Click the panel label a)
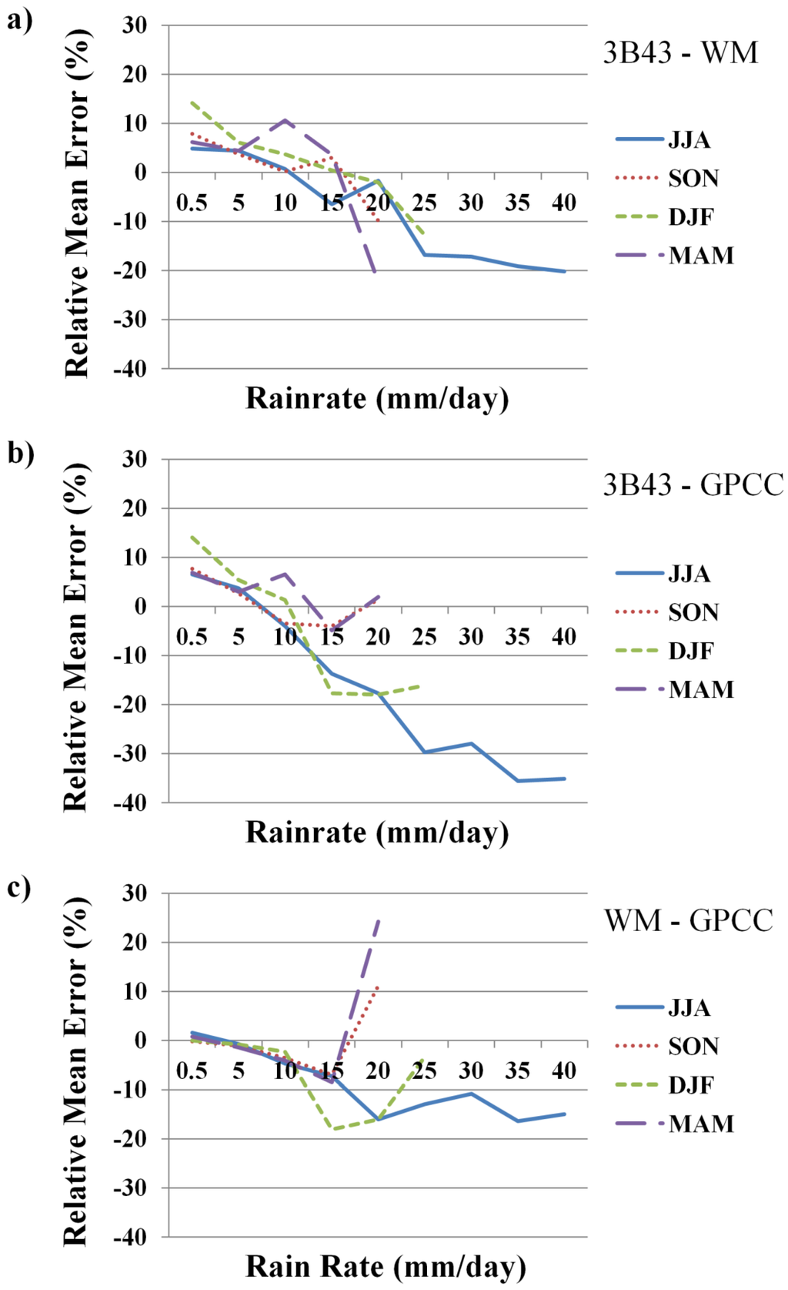19,19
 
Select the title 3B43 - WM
680,53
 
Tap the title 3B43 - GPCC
693,485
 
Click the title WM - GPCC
688,920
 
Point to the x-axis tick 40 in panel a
564,203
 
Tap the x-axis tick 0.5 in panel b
192,637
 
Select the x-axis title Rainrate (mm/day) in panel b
377,833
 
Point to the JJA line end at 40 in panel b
564,779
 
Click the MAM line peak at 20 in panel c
378,920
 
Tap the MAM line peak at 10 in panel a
285,120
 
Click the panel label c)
19,887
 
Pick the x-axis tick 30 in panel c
471,1071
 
